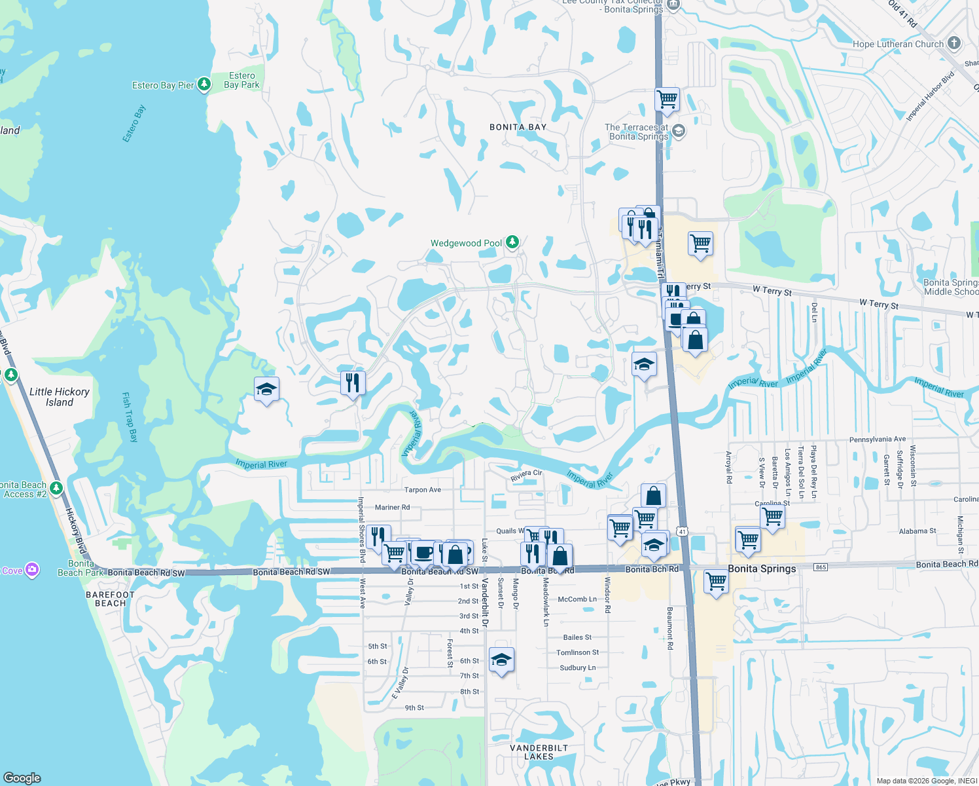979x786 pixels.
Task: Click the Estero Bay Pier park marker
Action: (204, 84)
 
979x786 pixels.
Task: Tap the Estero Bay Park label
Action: (241, 81)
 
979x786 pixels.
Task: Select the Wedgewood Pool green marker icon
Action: (512, 243)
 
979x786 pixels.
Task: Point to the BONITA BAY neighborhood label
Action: (518, 127)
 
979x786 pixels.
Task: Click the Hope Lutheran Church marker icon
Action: (954, 44)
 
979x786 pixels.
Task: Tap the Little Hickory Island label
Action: (60, 397)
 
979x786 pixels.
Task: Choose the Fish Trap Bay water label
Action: (130, 417)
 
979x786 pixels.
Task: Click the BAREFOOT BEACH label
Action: (110, 599)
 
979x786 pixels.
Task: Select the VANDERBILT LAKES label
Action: (539, 752)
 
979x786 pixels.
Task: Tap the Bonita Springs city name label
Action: (762, 569)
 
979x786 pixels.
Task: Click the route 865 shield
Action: (821, 567)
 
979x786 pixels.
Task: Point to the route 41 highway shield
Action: (683, 531)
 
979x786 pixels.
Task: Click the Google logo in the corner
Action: (22, 778)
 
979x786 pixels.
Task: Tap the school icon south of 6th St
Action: (501, 660)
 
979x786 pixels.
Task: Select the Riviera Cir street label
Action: (526, 475)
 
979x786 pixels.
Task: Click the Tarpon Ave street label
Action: (422, 490)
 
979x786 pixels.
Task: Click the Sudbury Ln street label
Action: (577, 668)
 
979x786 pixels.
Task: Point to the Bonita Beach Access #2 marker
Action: (56, 488)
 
